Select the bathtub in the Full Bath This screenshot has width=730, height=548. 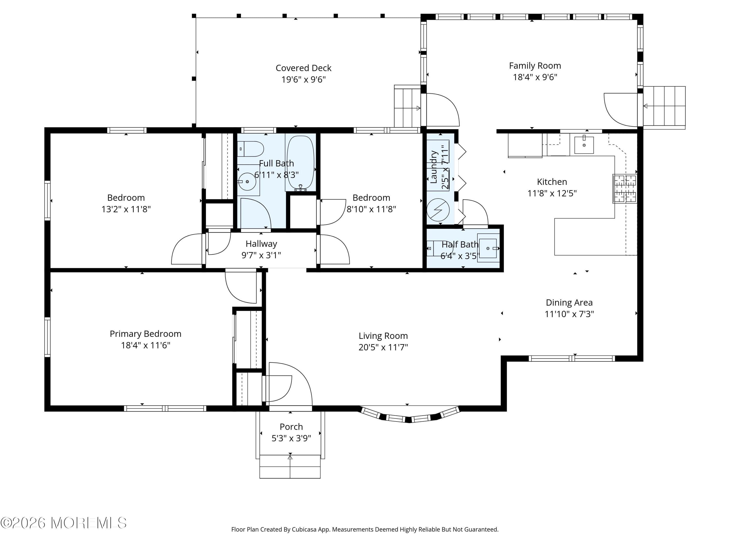click(x=300, y=162)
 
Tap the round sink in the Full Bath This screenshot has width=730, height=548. click(x=247, y=182)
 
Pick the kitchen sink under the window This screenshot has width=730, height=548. click(x=584, y=145)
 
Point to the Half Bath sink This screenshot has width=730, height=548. click(x=488, y=248)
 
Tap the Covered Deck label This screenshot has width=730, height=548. click(x=303, y=68)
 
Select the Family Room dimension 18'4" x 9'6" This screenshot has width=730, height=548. click(x=535, y=77)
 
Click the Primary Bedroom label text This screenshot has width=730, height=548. click(x=146, y=334)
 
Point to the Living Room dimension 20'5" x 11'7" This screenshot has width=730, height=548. click(x=383, y=347)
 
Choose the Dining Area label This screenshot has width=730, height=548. click(x=569, y=302)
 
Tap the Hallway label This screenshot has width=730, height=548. click(x=261, y=244)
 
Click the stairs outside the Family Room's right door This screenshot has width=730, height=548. click(x=664, y=106)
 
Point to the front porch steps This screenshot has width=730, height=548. click(x=290, y=466)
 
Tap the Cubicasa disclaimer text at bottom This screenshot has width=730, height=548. click(x=365, y=529)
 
